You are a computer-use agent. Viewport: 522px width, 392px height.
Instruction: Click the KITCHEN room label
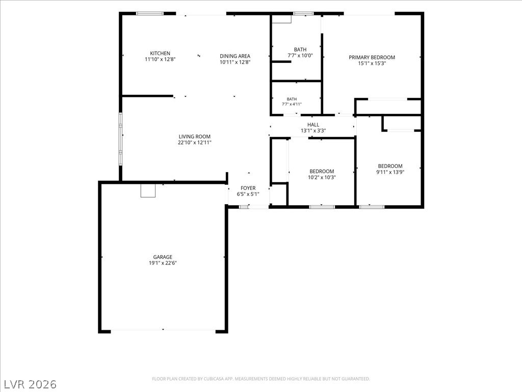tap(160, 53)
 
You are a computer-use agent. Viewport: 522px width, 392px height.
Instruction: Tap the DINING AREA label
tap(234, 56)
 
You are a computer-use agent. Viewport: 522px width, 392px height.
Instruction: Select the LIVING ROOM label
tap(195, 136)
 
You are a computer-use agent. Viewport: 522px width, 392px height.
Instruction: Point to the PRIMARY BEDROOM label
tap(372, 57)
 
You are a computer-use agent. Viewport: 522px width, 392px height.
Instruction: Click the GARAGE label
tap(163, 257)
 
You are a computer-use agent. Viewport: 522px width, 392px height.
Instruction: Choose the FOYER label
tap(248, 188)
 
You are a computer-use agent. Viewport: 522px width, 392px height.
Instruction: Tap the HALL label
tap(314, 125)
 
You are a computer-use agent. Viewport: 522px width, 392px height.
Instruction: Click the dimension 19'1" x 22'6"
tap(163, 263)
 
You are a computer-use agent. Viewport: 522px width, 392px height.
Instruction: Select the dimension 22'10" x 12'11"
tap(195, 142)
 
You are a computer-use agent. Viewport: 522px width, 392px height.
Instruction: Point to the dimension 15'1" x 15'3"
tap(372, 63)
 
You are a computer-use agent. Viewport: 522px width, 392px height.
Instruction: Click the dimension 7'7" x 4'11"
tap(292, 104)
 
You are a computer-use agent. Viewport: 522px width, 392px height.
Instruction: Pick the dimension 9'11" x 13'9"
tap(390, 172)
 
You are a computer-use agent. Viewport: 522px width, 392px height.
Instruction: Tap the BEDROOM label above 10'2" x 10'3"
tap(322, 171)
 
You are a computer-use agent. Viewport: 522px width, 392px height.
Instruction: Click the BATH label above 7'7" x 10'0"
tap(300, 50)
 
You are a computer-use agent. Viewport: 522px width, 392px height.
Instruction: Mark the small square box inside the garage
tap(148, 191)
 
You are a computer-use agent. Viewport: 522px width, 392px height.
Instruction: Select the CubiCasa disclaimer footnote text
tap(261, 379)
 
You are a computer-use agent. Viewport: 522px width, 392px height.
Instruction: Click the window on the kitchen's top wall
tap(150, 14)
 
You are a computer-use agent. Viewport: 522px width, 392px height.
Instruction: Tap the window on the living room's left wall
tap(120, 139)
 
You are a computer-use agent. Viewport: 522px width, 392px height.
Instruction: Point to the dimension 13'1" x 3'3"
tap(314, 131)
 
